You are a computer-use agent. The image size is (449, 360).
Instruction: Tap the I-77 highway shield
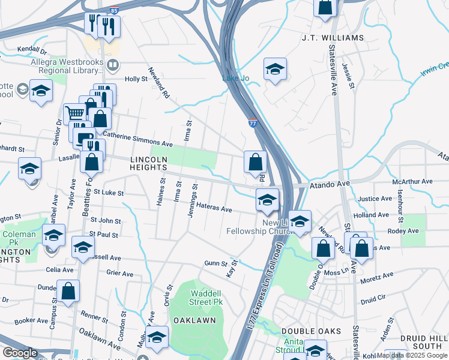pyautogui.click(x=253, y=123)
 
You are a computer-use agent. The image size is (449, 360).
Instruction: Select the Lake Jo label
pyautogui.click(x=235, y=79)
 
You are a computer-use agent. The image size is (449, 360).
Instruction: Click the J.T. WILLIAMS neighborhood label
pyautogui.click(x=333, y=38)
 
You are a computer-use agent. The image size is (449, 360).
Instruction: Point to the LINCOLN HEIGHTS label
pyautogui.click(x=148, y=164)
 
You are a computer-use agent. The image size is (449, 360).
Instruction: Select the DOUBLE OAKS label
pyautogui.click(x=311, y=331)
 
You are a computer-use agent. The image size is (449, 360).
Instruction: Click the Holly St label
pyautogui.click(x=136, y=79)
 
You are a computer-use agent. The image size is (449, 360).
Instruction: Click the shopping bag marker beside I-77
pyautogui.click(x=255, y=161)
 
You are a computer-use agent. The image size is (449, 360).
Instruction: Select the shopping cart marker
pyautogui.click(x=74, y=113)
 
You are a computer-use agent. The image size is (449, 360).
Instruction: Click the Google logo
pyautogui.click(x=20, y=353)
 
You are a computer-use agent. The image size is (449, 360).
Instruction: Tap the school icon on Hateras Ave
pyautogui.click(x=267, y=199)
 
